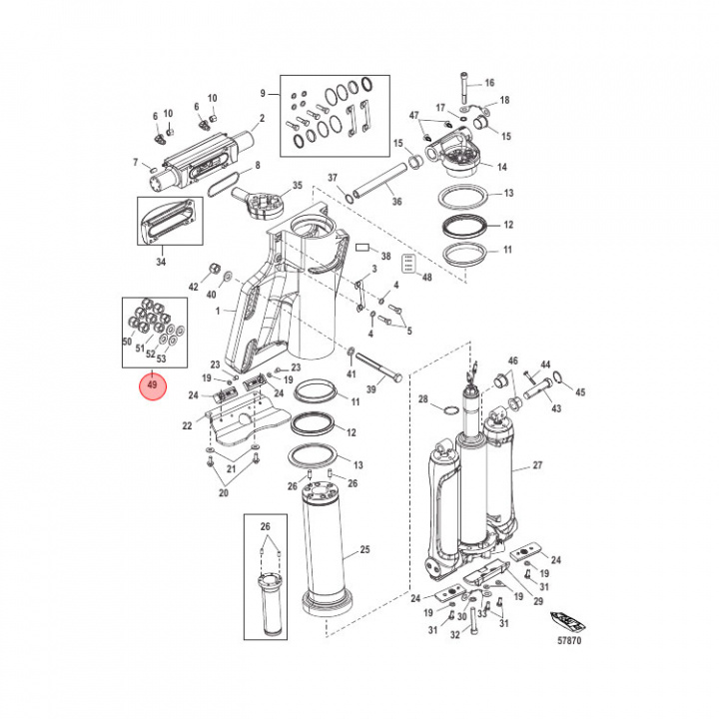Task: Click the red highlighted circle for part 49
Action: click(153, 383)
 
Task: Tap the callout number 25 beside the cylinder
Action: click(364, 549)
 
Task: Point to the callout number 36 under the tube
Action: click(396, 202)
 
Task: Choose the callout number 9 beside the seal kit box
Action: click(263, 93)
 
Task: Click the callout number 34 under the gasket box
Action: click(162, 262)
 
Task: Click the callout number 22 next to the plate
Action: click(187, 426)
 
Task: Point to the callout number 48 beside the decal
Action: click(427, 276)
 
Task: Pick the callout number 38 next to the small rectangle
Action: click(385, 256)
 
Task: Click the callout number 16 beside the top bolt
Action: click(489, 83)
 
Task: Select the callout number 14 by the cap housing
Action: click(502, 167)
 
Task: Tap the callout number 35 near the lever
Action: click(297, 187)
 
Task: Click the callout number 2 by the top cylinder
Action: click(263, 118)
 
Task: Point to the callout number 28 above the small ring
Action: click(423, 397)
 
